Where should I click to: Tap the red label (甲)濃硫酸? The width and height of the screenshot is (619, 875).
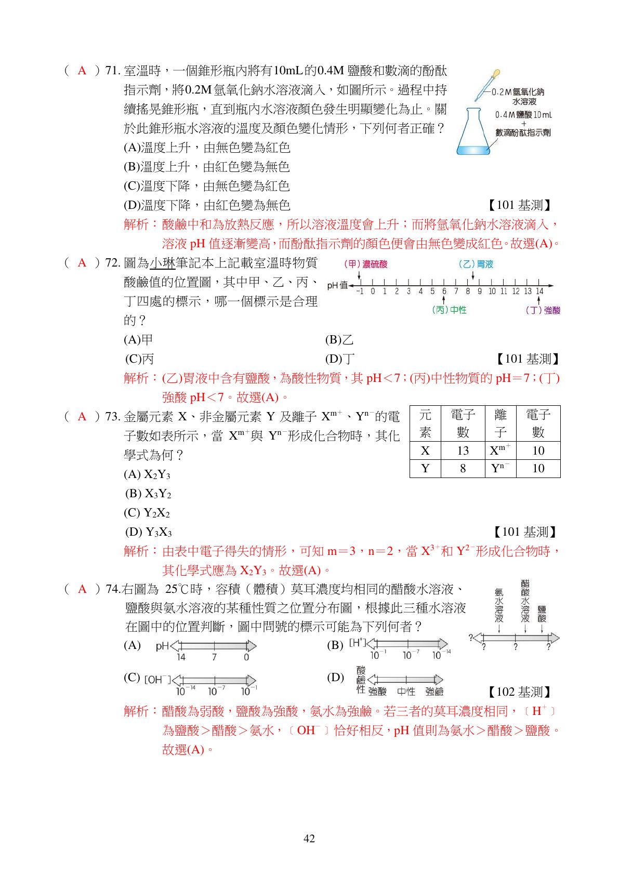pyautogui.click(x=366, y=264)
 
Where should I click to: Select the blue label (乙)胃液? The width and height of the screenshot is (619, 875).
pyautogui.click(x=476, y=264)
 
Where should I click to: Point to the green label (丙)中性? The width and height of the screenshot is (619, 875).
pyautogui.click(x=449, y=310)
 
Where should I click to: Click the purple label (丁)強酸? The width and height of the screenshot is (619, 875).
pyautogui.click(x=543, y=311)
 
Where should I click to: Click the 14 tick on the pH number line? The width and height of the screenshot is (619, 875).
pyautogui.click(x=539, y=291)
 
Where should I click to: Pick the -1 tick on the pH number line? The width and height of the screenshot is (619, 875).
pyautogui.click(x=360, y=291)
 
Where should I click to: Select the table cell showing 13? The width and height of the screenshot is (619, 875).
pyautogui.click(x=463, y=450)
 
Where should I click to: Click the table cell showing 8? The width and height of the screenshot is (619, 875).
pyautogui.click(x=463, y=469)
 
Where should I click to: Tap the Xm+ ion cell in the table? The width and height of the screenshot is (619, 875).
pyautogui.click(x=500, y=450)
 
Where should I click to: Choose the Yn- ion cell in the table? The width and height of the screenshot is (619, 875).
pyautogui.click(x=500, y=468)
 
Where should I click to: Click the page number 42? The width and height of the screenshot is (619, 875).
pyautogui.click(x=309, y=839)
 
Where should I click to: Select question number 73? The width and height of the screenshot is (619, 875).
pyautogui.click(x=113, y=417)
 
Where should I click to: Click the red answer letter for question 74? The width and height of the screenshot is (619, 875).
pyautogui.click(x=82, y=589)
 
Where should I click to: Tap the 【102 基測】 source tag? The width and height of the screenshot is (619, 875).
pyautogui.click(x=519, y=692)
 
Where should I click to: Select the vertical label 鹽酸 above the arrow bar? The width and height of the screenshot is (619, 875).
pyautogui.click(x=542, y=614)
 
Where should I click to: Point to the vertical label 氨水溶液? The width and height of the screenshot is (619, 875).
pyautogui.click(x=499, y=605)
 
